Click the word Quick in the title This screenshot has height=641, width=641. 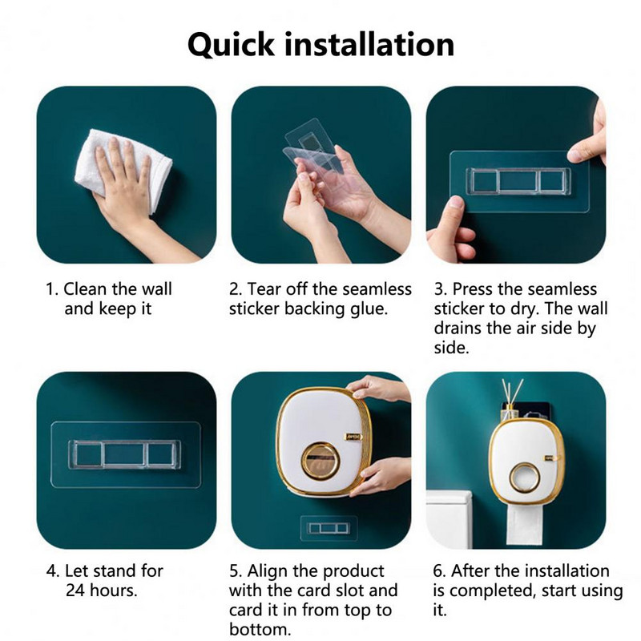pyautogui.click(x=231, y=45)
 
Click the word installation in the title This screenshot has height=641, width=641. pyautogui.click(x=369, y=44)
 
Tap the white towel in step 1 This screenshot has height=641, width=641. pyautogui.click(x=123, y=170)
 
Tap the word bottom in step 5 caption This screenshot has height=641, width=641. pyautogui.click(x=260, y=630)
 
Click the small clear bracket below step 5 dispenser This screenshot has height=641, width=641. pyautogui.click(x=329, y=528)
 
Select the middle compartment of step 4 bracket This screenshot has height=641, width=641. pyautogui.click(x=125, y=454)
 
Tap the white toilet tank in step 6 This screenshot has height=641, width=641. pyautogui.click(x=449, y=519)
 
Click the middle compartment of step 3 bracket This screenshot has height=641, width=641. pyautogui.click(x=518, y=181)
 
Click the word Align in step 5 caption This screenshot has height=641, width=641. pyautogui.click(x=270, y=571)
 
